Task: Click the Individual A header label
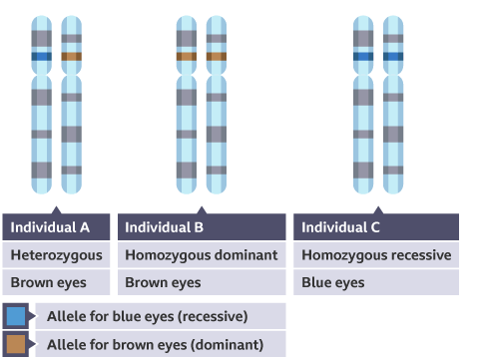(50, 227)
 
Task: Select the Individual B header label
(164, 227)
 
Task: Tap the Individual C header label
(340, 227)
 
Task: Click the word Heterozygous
(55, 255)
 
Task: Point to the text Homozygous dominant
(201, 255)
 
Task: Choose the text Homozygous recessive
(376, 255)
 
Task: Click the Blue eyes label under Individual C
(331, 282)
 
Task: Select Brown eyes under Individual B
(163, 282)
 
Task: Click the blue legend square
(16, 317)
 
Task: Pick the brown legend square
(16, 345)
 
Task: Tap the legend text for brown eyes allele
(155, 345)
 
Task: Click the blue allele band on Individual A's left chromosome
(41, 57)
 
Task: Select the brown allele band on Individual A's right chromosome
(71, 57)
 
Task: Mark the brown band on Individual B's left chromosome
(186, 57)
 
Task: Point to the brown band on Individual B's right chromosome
(216, 57)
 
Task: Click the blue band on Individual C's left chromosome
(363, 57)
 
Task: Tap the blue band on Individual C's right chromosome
(393, 57)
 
